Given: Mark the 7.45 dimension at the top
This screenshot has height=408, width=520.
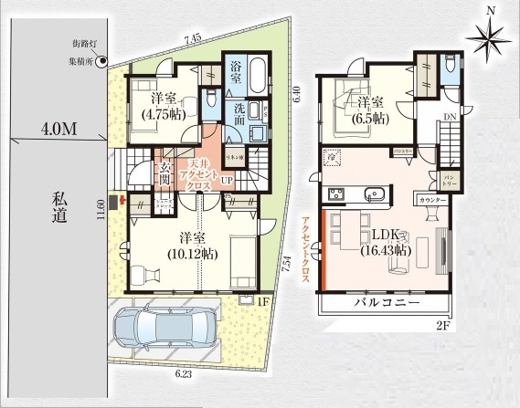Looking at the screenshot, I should point(192,39).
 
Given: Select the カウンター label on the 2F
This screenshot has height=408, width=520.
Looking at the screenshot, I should point(431,199).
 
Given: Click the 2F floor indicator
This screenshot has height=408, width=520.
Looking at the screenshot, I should point(441,323).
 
